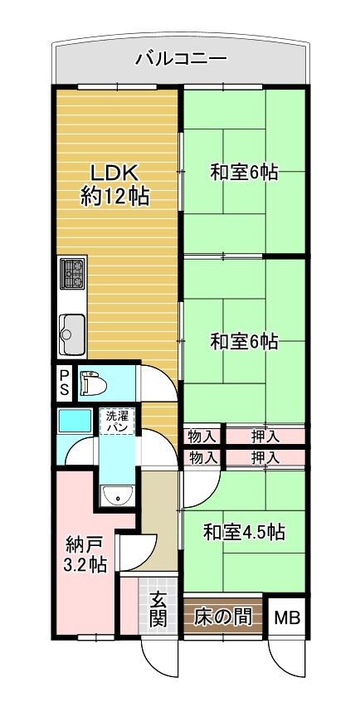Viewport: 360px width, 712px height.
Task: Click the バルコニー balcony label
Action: tap(181, 60)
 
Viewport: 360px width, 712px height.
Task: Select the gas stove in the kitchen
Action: tap(73, 273)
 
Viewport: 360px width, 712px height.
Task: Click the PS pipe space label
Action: tap(65, 382)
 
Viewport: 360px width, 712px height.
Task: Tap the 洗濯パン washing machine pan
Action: tap(117, 421)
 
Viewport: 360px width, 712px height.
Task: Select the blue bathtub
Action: tap(75, 421)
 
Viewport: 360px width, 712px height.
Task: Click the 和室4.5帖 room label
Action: tap(244, 532)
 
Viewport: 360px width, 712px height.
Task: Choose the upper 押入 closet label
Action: tap(265, 436)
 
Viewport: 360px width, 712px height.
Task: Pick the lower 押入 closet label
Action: tap(265, 458)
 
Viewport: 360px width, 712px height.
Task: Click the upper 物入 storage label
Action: tap(202, 436)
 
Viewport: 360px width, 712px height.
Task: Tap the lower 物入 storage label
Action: tap(202, 458)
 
